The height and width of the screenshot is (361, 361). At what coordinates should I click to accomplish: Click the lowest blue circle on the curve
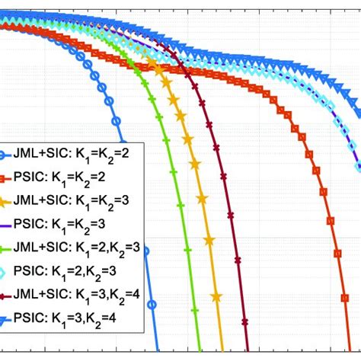152,304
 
